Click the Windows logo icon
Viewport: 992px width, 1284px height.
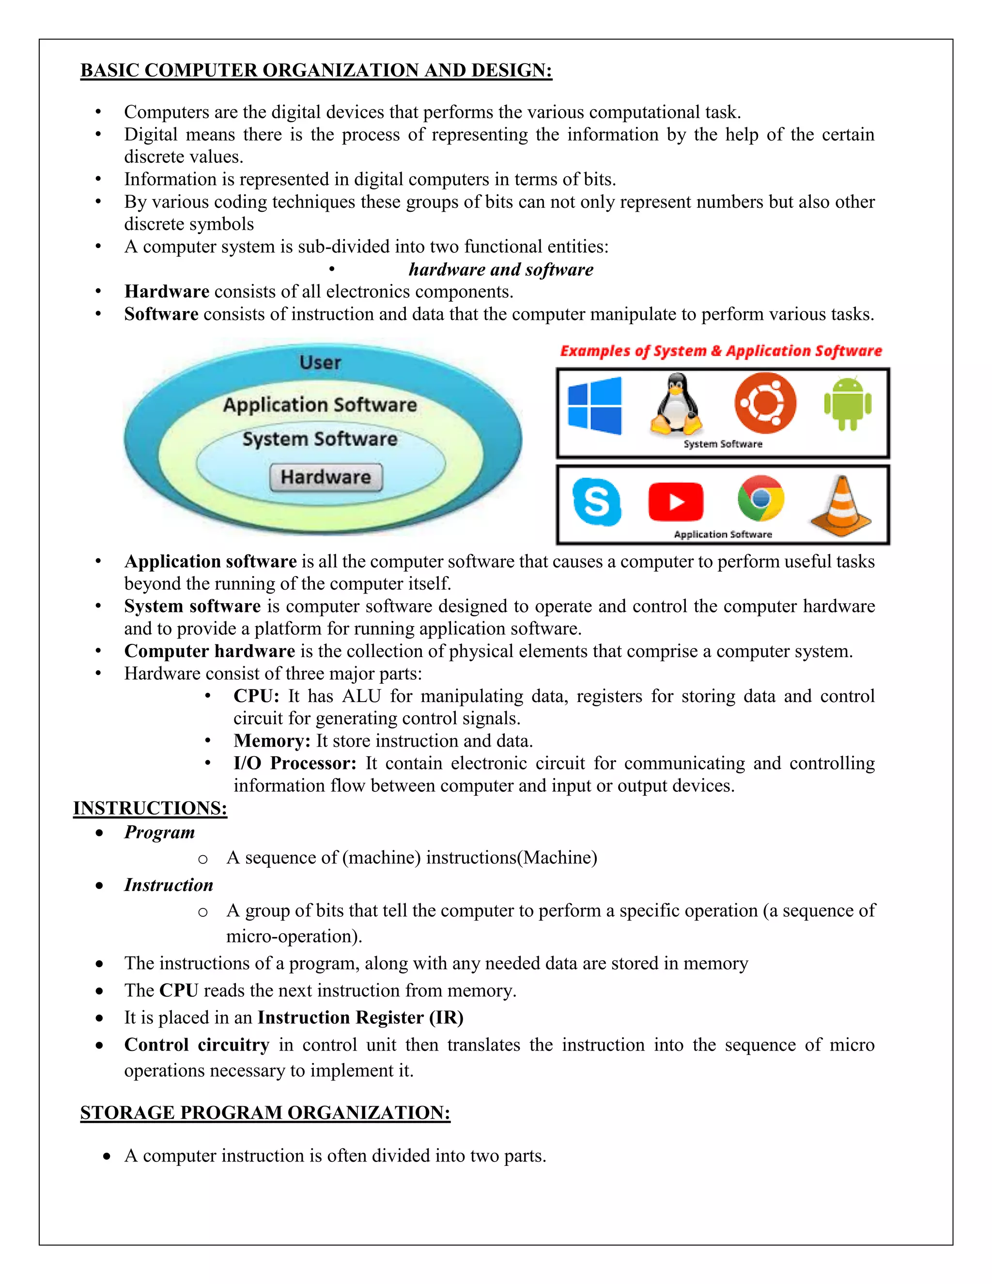(x=594, y=406)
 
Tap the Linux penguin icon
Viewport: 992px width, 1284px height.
(x=676, y=404)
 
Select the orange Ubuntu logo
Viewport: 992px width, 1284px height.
(x=765, y=403)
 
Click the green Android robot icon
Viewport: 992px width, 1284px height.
(x=848, y=404)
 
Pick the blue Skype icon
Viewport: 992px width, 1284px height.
(x=596, y=501)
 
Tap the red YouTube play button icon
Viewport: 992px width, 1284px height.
(x=676, y=501)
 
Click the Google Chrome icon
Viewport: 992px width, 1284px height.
(x=760, y=499)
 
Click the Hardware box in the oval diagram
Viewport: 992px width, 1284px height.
(x=325, y=477)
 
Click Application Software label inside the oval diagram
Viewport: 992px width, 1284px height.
(x=320, y=405)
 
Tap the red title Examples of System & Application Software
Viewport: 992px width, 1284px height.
(x=720, y=351)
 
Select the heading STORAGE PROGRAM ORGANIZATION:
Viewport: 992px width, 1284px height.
(x=265, y=1112)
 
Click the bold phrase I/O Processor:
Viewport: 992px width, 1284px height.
(x=294, y=763)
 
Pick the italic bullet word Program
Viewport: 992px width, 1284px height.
(x=159, y=832)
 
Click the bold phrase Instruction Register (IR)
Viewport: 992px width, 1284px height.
(x=360, y=1017)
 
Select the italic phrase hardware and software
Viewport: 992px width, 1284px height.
(x=501, y=269)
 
